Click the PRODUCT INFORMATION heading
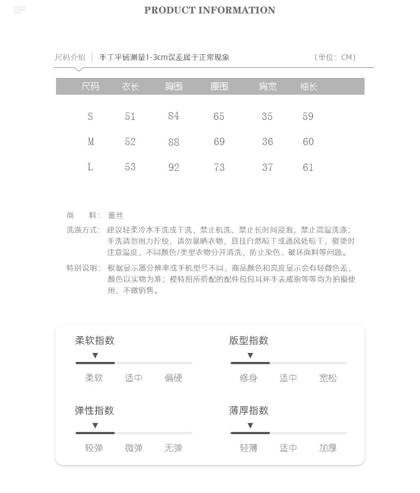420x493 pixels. click(209, 10)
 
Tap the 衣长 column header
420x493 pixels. click(130, 86)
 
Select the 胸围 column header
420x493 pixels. click(174, 86)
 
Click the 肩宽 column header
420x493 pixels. click(268, 86)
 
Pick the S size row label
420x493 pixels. click(90, 117)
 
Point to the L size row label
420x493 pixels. click(90, 167)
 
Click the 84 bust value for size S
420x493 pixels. click(174, 116)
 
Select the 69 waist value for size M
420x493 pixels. click(219, 142)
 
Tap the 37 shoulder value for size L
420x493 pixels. click(268, 167)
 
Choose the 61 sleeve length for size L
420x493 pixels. click(308, 167)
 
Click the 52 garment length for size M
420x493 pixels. click(130, 142)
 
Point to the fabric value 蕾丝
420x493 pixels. click(116, 215)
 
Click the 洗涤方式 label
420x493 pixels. click(83, 230)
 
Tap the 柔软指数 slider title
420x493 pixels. click(95, 341)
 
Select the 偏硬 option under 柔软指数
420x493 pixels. click(174, 378)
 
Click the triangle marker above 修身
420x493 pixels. click(250, 356)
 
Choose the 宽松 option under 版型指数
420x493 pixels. click(328, 378)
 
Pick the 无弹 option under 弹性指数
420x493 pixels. click(174, 448)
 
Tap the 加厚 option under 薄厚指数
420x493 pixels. click(328, 448)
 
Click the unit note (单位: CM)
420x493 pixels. click(335, 57)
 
